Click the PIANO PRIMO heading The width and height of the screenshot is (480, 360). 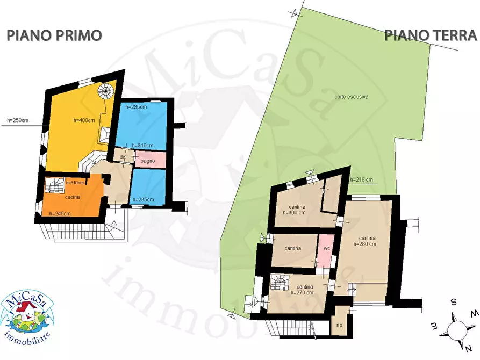54,35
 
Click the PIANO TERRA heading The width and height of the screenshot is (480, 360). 431,35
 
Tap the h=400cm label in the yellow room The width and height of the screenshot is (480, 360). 83,120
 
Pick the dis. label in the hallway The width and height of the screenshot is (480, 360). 123,157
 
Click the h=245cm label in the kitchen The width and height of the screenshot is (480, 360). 59,214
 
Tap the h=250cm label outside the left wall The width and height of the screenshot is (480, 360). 18,120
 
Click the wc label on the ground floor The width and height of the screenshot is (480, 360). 326,249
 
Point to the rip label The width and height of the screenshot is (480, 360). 339,325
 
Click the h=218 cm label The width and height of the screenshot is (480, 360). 362,179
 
